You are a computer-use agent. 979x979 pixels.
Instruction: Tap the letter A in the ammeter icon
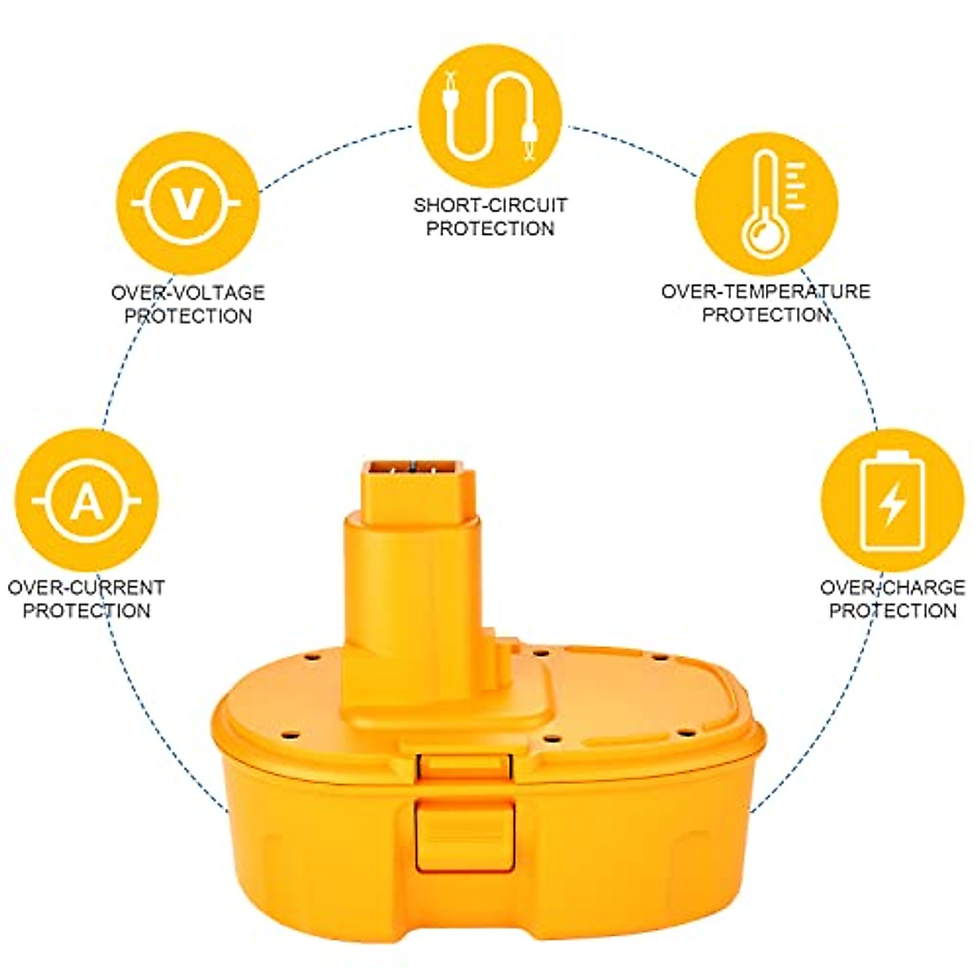pyautogui.click(x=86, y=500)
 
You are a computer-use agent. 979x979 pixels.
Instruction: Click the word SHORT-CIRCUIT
pyautogui.click(x=489, y=205)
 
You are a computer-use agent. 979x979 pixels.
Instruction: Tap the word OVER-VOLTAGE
pyautogui.click(x=188, y=292)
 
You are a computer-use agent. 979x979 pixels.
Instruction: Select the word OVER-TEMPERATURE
pyautogui.click(x=765, y=291)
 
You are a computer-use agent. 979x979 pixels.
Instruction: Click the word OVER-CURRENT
pyautogui.click(x=86, y=587)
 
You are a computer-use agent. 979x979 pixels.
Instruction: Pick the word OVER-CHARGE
pyautogui.click(x=893, y=587)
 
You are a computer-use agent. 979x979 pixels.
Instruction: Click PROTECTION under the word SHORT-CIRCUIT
pyautogui.click(x=489, y=228)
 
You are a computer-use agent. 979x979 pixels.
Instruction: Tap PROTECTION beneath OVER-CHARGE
pyautogui.click(x=893, y=610)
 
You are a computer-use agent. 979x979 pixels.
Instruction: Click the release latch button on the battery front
pyautogui.click(x=464, y=835)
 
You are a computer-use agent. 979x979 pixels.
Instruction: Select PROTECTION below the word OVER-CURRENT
pyautogui.click(x=86, y=610)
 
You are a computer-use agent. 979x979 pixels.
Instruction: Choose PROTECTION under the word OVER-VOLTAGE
pyautogui.click(x=188, y=316)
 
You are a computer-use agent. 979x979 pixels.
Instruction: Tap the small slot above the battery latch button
pyautogui.click(x=464, y=765)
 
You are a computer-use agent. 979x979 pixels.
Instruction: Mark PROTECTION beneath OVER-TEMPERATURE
pyautogui.click(x=765, y=315)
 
